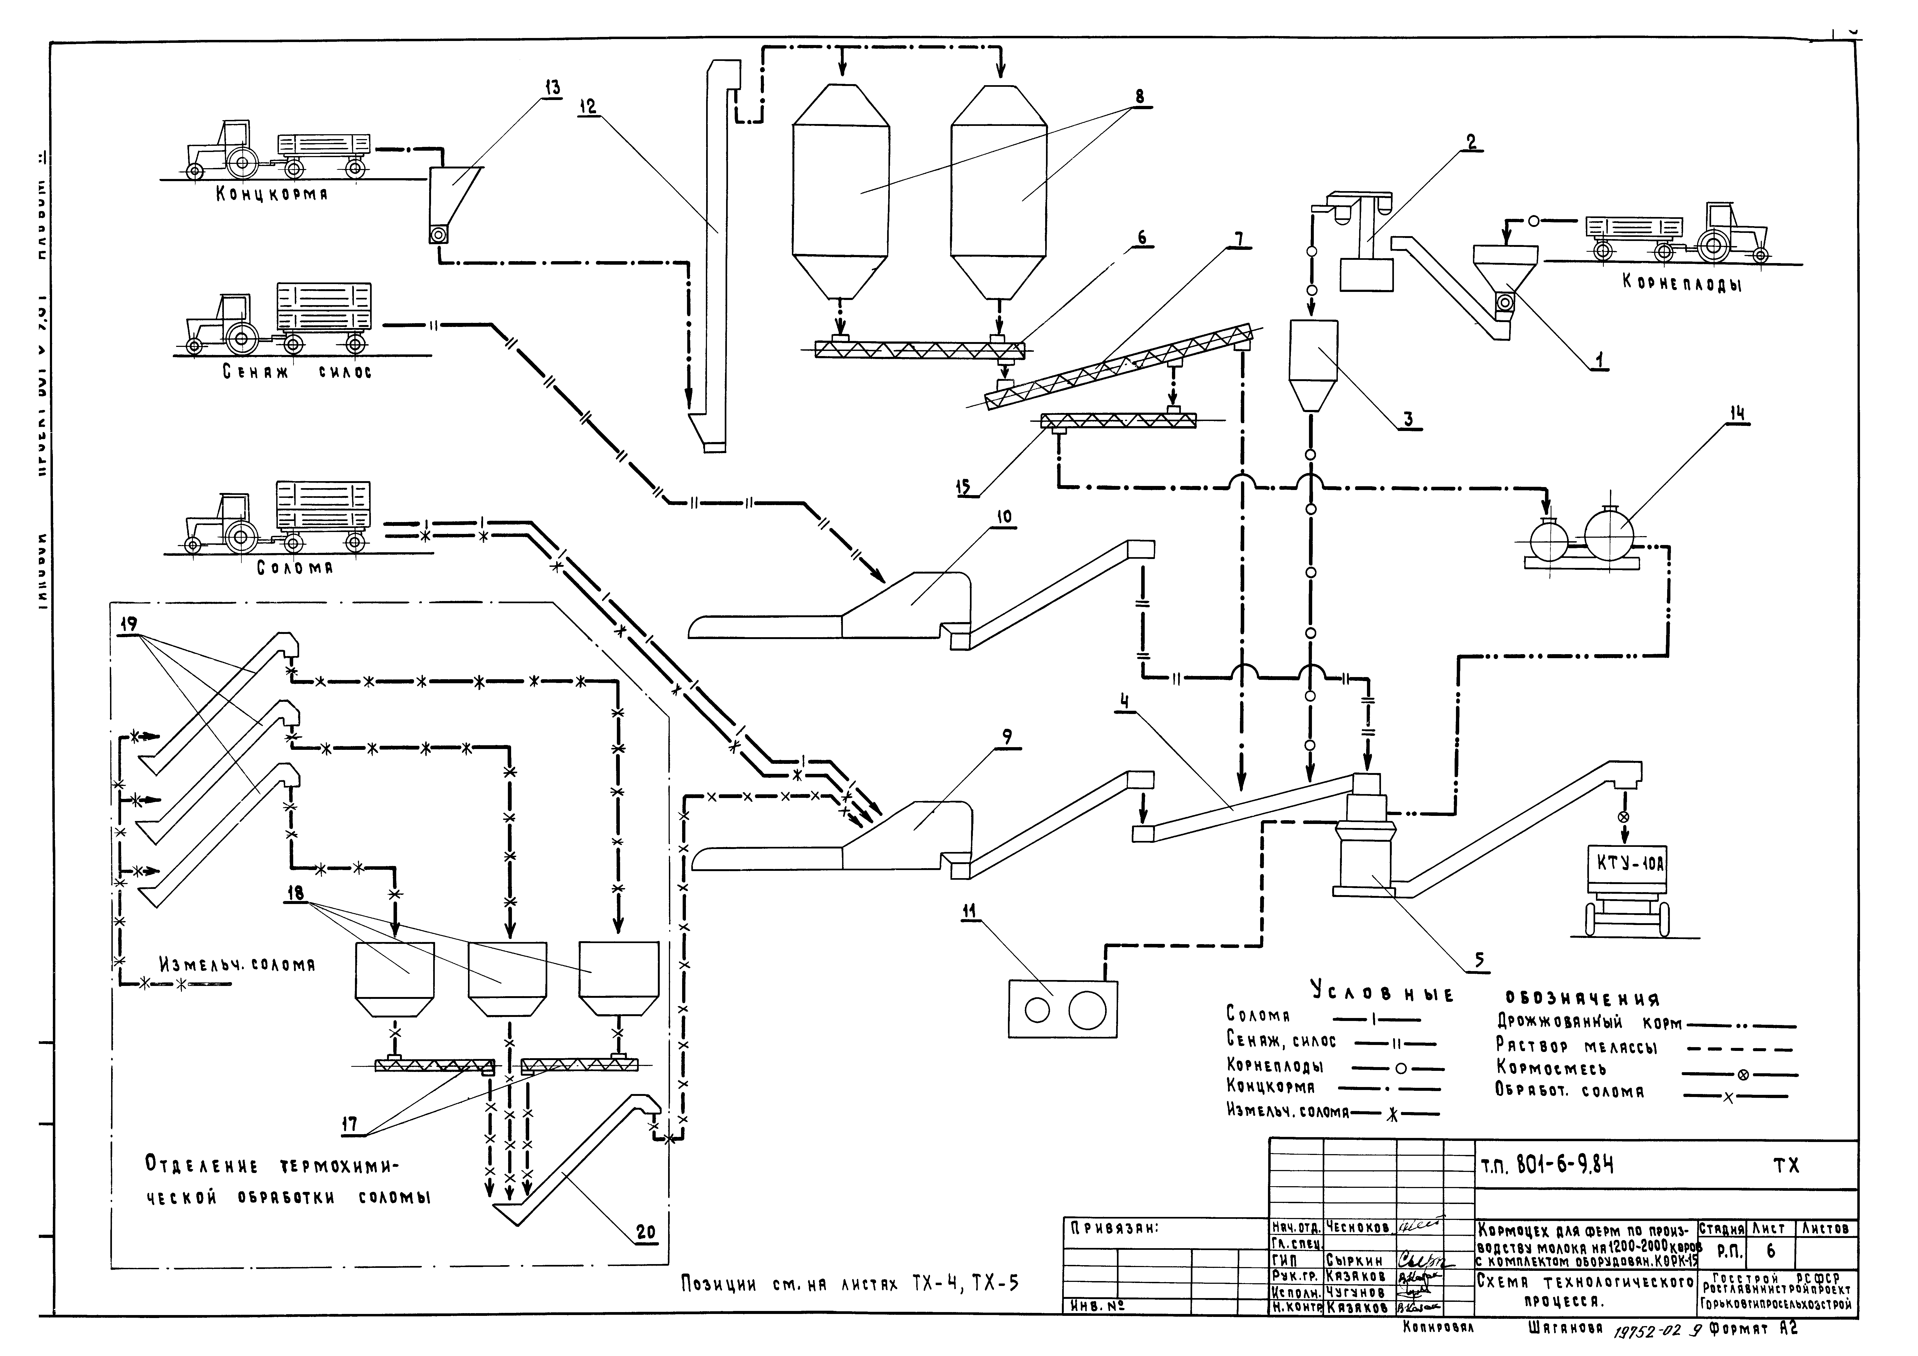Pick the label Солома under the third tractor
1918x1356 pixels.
coord(295,568)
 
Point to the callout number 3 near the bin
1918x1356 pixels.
coord(1408,419)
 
